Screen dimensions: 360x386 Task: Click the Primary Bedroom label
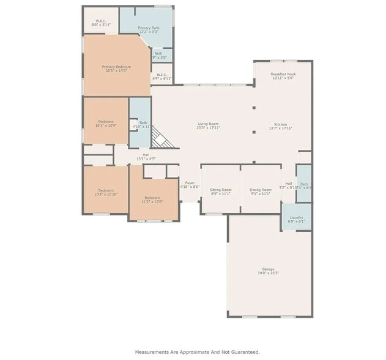[116, 66]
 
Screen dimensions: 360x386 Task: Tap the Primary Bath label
[148, 28]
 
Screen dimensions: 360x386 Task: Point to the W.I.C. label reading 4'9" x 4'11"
[163, 77]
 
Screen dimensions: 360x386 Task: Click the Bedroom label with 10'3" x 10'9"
[106, 121]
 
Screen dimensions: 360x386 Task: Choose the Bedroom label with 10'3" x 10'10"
[106, 190]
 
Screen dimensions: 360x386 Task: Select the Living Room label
[208, 124]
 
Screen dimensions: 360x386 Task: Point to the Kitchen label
[281, 124]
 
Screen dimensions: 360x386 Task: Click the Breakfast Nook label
[282, 74]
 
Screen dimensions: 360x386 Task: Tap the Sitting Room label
[220, 190]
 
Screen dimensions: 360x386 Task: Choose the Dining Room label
[261, 190]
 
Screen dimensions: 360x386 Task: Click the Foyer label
[190, 183]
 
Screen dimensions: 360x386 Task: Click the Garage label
[268, 269]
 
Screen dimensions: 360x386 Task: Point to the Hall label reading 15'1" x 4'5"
[146, 155]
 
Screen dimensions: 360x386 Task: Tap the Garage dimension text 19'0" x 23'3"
[268, 273]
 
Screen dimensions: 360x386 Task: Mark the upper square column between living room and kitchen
[254, 107]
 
